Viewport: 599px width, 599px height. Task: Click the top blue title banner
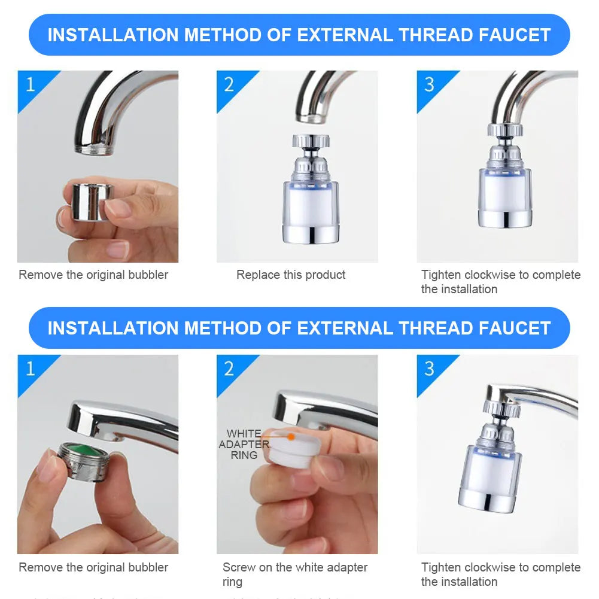[x=299, y=35]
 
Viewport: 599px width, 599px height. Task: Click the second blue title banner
[x=299, y=328]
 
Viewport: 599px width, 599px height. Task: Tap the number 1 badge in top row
[x=31, y=84]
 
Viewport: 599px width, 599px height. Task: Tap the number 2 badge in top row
[x=229, y=84]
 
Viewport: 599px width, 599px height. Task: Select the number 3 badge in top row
[x=429, y=84]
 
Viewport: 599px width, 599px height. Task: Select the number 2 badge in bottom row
[x=229, y=368]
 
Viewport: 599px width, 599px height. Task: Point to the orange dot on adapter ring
[x=291, y=437]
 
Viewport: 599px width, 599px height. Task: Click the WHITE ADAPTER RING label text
[x=244, y=444]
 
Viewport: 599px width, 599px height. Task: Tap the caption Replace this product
[x=291, y=275]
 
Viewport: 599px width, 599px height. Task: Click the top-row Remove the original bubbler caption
[x=93, y=275]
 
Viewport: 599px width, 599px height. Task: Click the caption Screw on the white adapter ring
[x=294, y=574]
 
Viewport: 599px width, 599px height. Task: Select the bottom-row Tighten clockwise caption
[x=500, y=574]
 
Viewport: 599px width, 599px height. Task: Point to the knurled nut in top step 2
[x=311, y=141]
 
